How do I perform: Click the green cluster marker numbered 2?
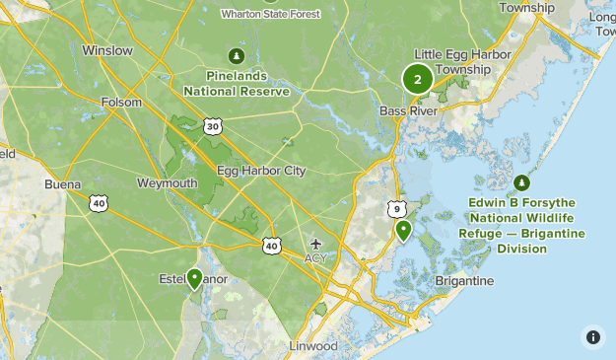pyautogui.click(x=418, y=79)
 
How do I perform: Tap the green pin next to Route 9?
pyautogui.click(x=403, y=231)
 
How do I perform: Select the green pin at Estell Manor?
pyautogui.click(x=195, y=279)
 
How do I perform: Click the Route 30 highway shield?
pyautogui.click(x=213, y=125)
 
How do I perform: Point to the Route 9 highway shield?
pyautogui.click(x=396, y=208)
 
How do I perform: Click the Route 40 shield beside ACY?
pyautogui.click(x=272, y=244)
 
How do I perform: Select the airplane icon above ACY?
pyautogui.click(x=315, y=243)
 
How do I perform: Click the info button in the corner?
pyautogui.click(x=592, y=336)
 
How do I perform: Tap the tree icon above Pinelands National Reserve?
pyautogui.click(x=236, y=55)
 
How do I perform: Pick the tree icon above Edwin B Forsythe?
pyautogui.click(x=521, y=182)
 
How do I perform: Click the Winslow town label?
pyautogui.click(x=107, y=49)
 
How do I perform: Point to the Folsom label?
pyautogui.click(x=121, y=102)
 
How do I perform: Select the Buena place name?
pyautogui.click(x=62, y=184)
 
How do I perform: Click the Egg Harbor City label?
pyautogui.click(x=261, y=171)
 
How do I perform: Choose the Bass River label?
pyautogui.click(x=408, y=110)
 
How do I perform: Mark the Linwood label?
pyautogui.click(x=313, y=346)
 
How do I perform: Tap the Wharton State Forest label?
pyautogui.click(x=269, y=14)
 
